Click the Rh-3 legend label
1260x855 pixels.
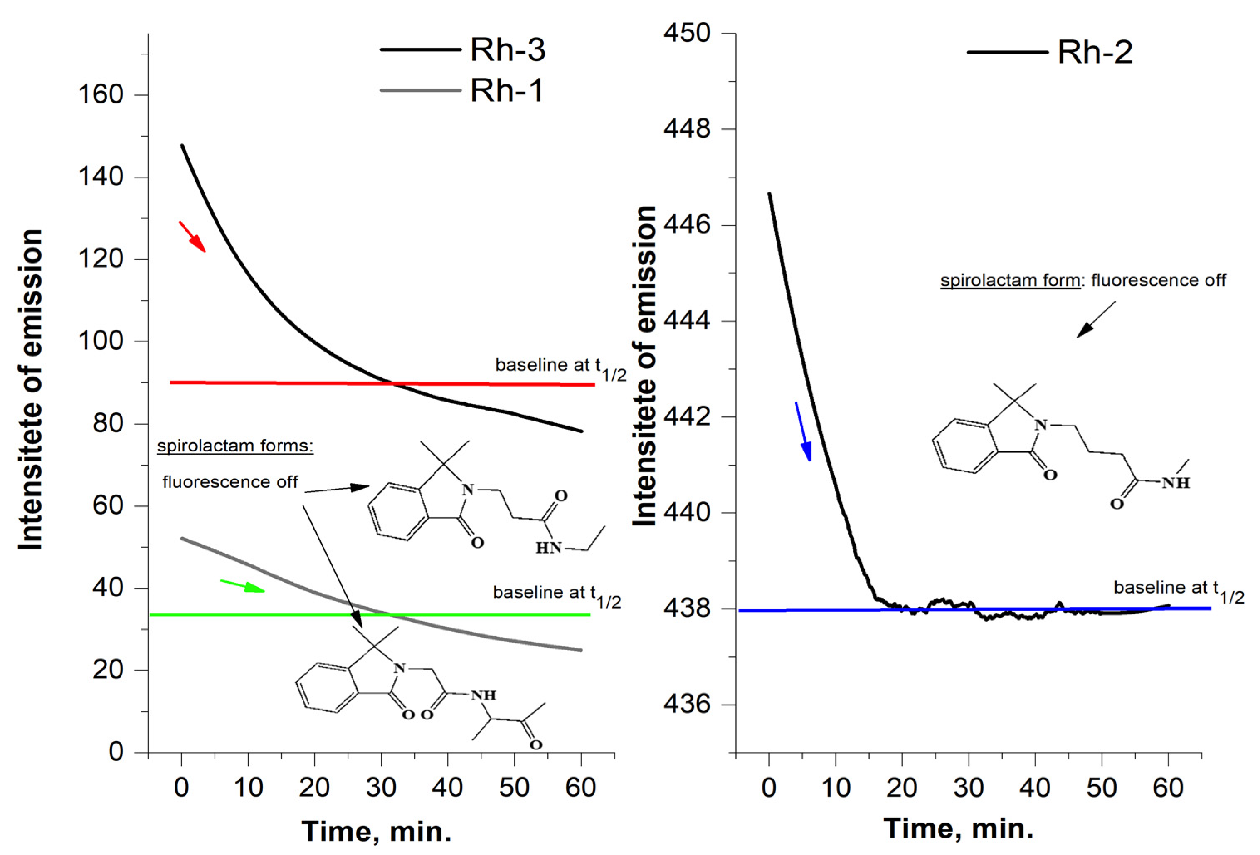tap(507, 50)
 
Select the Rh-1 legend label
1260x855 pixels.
tap(506, 90)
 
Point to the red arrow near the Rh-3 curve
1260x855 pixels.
tap(192, 237)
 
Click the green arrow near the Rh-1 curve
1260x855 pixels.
tap(242, 586)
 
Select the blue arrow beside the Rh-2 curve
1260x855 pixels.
tap(803, 431)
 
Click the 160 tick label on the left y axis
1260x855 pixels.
tap(101, 95)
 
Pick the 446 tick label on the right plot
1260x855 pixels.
tap(687, 225)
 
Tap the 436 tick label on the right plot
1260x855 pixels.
tap(687, 704)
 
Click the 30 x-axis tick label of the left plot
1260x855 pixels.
tap(381, 787)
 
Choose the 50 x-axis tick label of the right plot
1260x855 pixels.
tap(1102, 787)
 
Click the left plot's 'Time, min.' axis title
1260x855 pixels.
tap(376, 830)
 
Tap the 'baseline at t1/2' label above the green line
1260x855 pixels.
tap(556, 594)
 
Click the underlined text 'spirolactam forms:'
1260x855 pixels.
tap(235, 446)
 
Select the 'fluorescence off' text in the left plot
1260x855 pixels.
tap(230, 481)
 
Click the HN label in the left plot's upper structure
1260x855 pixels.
tap(548, 548)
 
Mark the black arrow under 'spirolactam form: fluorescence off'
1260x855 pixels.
tap(1095, 320)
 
